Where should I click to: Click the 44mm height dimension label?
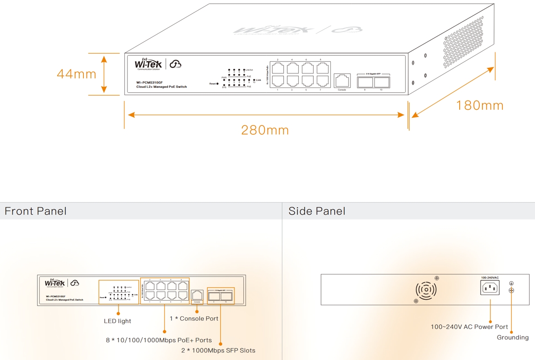pos(76,74)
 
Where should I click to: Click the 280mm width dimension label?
pos(265,130)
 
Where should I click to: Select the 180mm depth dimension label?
pos(479,106)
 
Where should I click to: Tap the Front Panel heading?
pos(36,211)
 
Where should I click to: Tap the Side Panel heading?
pos(317,211)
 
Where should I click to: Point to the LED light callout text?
pos(118,321)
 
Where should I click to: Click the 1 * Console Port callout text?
pos(194,319)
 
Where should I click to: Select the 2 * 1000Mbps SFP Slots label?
pos(218,350)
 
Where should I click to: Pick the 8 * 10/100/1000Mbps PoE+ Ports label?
pos(159,340)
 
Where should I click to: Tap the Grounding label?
pos(513,337)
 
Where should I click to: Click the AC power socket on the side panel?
pos(490,288)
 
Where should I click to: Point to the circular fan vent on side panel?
pos(426,290)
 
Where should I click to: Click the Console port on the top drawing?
pos(342,81)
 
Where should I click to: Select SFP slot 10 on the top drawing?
pos(381,82)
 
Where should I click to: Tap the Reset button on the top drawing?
pos(217,83)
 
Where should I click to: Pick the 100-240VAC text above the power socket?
pos(490,277)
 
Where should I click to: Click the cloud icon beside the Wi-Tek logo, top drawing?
pos(176,64)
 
